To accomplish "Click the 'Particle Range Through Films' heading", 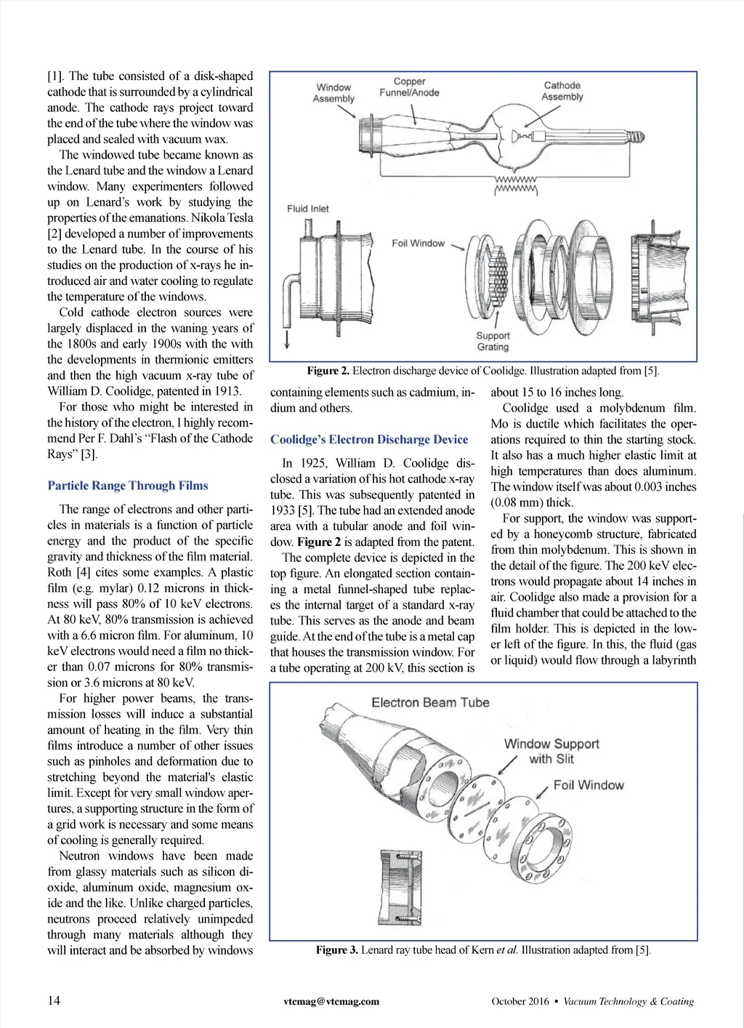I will coord(128,486).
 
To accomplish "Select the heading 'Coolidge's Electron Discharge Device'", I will coord(369,439).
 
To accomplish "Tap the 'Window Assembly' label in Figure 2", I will coord(333,92).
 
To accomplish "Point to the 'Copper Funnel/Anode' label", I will coord(409,87).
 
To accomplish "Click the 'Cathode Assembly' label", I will coord(562,91).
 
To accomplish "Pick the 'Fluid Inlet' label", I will coord(307,209).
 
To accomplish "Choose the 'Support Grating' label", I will coord(493,341).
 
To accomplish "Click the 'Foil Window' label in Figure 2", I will coord(418,243).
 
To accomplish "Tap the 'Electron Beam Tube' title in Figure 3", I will coord(430,702).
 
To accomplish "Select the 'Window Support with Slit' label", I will coord(551,751).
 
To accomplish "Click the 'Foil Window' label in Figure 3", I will coord(588,785).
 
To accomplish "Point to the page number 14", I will coord(54,1000).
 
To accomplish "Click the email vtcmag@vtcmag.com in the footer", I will coord(331,1001).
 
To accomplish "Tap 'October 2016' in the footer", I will coord(520,1001).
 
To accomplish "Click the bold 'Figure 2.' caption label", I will coord(328,371).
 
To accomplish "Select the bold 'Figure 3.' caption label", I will coord(336,949).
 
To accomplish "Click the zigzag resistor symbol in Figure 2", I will coord(515,185).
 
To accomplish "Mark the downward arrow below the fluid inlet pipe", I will coord(287,340).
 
